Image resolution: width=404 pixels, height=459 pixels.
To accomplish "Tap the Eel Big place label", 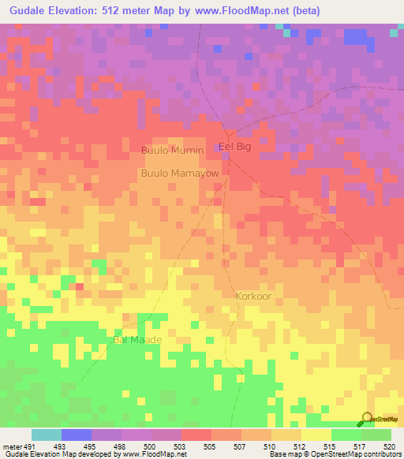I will [234, 147].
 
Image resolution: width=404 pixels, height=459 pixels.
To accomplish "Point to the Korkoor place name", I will [253, 296].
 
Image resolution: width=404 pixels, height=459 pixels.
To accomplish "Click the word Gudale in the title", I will [25, 11].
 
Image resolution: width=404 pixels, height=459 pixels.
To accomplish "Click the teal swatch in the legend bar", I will [47, 435].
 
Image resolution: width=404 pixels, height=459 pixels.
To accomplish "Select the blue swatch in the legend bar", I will [77, 435].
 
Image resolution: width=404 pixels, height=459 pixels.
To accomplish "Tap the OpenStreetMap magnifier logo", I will [367, 419].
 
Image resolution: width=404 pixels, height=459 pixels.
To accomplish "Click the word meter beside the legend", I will [10, 446].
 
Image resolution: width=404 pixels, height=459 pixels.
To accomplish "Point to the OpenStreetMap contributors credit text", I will [362, 455].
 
